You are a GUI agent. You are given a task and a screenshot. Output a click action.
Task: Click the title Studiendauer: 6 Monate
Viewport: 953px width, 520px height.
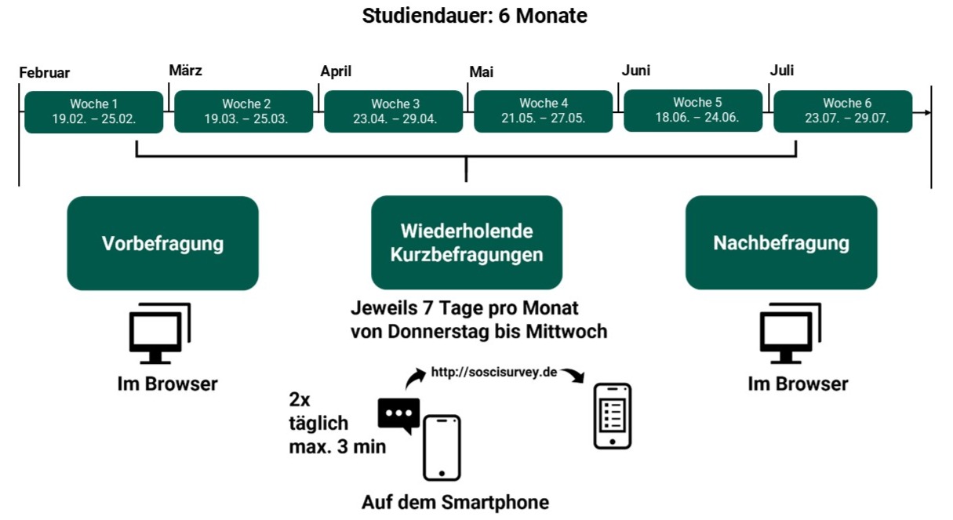pos(475,16)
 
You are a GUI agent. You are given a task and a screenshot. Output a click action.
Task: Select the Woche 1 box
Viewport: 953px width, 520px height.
pos(94,111)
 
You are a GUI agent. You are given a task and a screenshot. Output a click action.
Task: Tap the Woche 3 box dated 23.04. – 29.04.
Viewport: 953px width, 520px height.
pos(394,111)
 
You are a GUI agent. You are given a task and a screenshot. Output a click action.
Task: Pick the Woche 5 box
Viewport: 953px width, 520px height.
pos(693,111)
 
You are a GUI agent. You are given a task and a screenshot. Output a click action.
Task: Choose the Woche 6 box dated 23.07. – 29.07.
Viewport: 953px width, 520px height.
pos(842,111)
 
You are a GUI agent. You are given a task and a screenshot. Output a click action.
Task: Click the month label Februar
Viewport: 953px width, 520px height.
pos(45,73)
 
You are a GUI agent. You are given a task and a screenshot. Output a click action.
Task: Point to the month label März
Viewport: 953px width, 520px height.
pos(186,71)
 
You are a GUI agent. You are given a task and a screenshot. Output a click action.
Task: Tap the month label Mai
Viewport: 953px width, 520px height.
pos(481,72)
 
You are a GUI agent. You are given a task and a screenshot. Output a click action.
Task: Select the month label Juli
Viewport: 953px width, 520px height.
pos(782,71)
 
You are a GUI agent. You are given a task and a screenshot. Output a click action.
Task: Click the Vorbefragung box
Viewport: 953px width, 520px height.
pos(162,243)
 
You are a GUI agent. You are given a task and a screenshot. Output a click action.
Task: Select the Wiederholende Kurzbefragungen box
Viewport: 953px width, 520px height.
pos(467,243)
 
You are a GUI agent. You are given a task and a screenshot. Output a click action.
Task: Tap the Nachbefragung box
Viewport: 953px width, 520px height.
pos(781,243)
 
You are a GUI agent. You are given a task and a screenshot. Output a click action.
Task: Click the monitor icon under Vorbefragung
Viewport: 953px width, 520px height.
pos(159,333)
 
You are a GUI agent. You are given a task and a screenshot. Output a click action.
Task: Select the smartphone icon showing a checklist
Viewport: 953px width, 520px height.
pos(612,416)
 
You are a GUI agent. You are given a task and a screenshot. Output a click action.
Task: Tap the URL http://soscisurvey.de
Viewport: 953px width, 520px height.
pos(494,372)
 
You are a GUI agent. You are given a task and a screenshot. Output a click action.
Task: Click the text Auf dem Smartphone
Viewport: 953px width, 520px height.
pos(455,502)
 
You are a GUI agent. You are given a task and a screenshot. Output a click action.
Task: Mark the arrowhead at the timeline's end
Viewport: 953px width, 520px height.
pos(927,112)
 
